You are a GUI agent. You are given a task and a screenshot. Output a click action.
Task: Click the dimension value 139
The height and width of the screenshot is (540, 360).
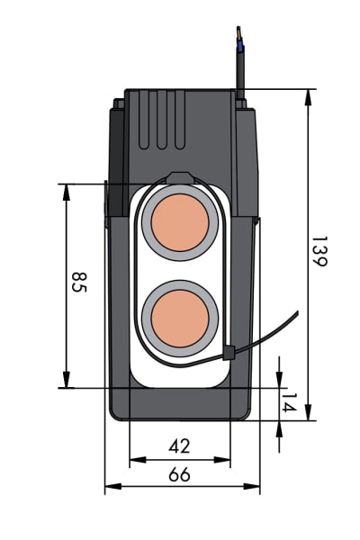pos(319,251)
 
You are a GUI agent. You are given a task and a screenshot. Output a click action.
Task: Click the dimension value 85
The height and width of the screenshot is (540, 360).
pos(79,282)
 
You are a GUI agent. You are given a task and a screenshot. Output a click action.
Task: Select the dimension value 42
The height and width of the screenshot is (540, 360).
pos(179,445)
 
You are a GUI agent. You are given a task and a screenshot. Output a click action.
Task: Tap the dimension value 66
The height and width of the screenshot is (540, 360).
pos(179,474)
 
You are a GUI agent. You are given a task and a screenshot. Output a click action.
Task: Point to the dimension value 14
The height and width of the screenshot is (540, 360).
pos(289,402)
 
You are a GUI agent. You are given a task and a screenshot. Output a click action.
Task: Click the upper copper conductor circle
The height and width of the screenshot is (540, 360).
pos(180,222)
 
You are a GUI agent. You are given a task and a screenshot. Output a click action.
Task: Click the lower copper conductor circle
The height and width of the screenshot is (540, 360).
pos(180,319)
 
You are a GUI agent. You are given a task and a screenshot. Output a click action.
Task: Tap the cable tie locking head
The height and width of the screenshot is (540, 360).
pos(229,353)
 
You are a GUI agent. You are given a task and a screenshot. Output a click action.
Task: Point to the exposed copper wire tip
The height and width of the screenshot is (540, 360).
pos(238,32)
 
